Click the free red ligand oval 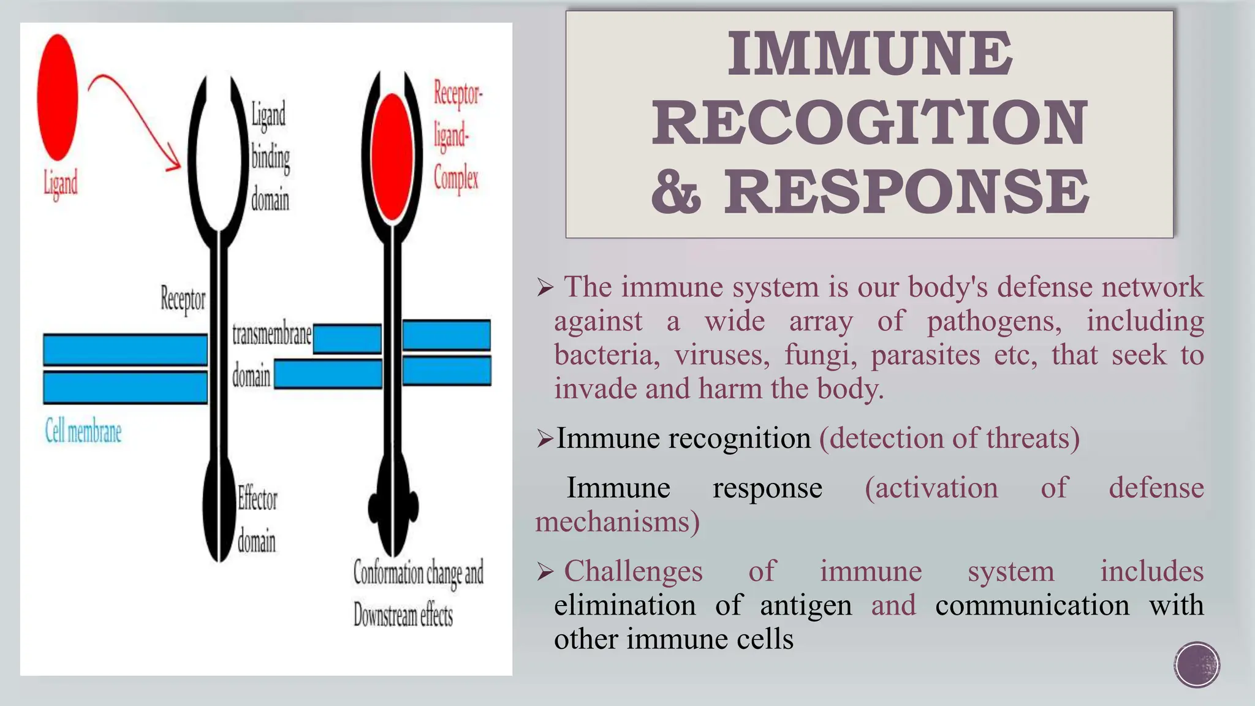point(58,97)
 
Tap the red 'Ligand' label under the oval point(61,183)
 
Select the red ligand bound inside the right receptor point(392,157)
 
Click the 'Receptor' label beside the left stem point(183,300)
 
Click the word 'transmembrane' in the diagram point(271,335)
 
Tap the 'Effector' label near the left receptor point(257,499)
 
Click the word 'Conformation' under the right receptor point(389,573)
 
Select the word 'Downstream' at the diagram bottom point(384,615)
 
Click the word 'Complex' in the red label point(456,178)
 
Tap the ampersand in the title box point(676,192)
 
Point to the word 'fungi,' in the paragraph point(821,355)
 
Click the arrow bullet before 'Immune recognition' point(544,438)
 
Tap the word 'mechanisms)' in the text point(617,522)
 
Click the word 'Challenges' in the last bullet point(633,571)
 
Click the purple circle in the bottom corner point(1197,664)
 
